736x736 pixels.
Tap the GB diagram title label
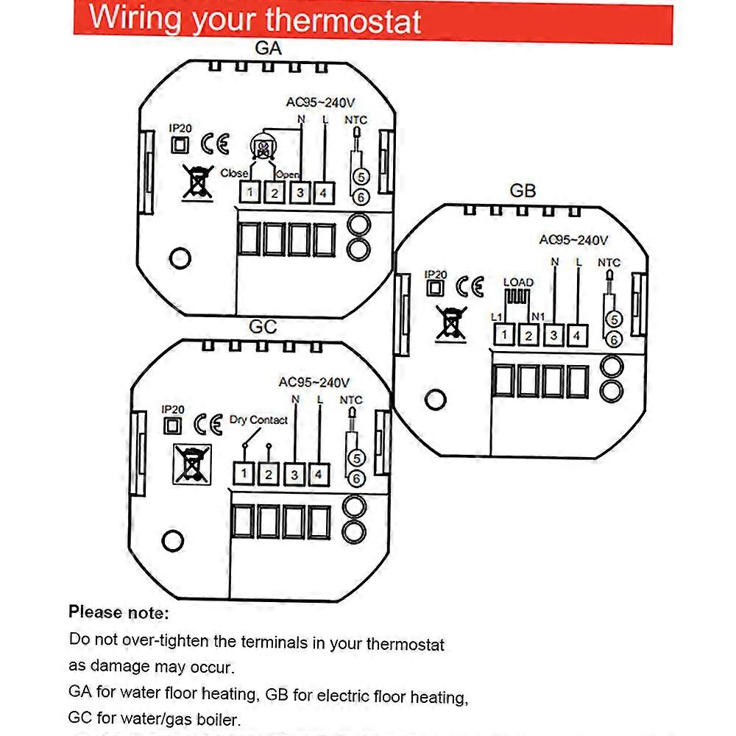click(523, 191)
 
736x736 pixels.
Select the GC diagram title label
click(263, 326)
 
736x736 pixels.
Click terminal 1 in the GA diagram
click(250, 193)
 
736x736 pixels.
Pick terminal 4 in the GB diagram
click(578, 336)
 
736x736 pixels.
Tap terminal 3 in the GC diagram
click(294, 475)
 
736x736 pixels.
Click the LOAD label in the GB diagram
click(518, 283)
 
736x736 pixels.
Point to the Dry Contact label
click(258, 420)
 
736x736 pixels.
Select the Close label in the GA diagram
click(234, 173)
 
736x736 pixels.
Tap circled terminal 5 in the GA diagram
click(361, 177)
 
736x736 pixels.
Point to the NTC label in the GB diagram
click(609, 262)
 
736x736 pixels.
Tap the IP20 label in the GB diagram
click(436, 274)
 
